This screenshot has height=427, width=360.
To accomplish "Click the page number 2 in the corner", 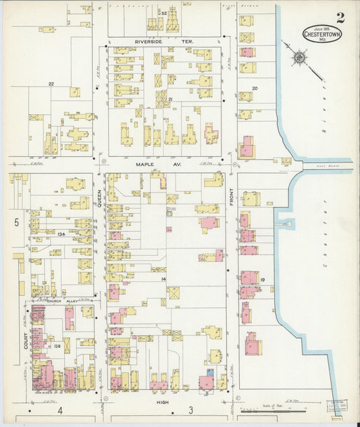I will [340, 18].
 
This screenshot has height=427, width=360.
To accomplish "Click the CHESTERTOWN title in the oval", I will [322, 34].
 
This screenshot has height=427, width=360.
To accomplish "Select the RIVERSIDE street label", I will [149, 42].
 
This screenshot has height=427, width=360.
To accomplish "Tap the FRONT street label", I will [231, 200].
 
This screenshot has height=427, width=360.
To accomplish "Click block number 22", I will [51, 84].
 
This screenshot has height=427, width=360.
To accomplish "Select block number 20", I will [255, 89].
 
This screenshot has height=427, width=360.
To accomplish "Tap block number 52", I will [163, 13].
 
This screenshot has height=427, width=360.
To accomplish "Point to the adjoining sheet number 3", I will [191, 410].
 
